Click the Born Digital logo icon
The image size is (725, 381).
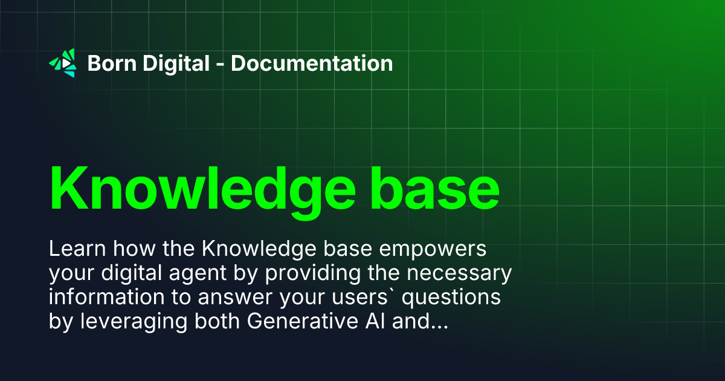[63, 63]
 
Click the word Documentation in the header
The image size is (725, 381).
[312, 63]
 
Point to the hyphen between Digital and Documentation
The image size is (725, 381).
[220, 64]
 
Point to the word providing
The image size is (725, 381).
[309, 275]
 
